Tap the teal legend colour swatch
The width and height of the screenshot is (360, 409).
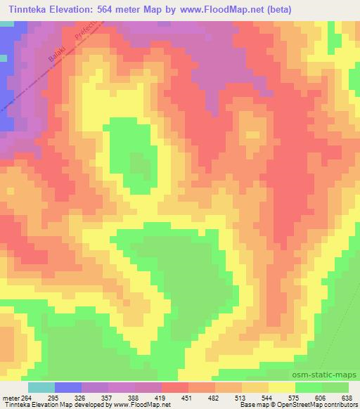41,387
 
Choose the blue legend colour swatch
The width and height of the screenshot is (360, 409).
67,387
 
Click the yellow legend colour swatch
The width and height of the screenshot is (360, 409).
281,387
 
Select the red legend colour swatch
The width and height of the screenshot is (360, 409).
174,387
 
